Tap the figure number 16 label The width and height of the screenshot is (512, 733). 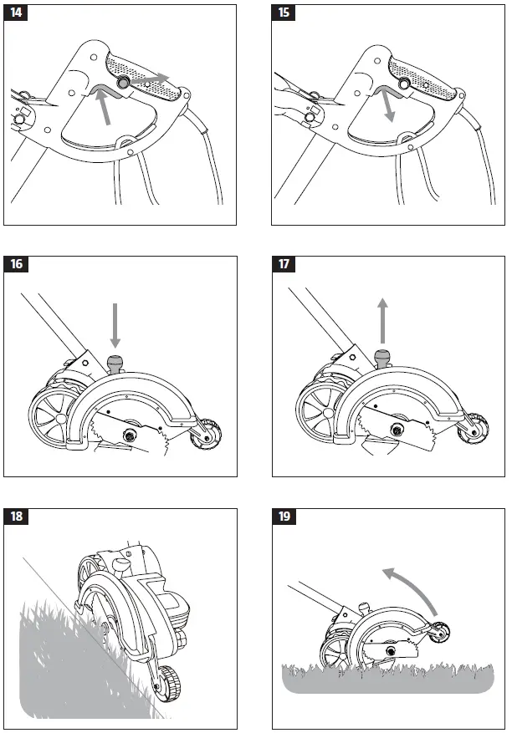pyautogui.click(x=17, y=265)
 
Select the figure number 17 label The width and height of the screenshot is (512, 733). pyautogui.click(x=285, y=265)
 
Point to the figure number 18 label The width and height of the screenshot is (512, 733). pyautogui.click(x=17, y=516)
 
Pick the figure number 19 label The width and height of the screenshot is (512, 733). pyautogui.click(x=285, y=516)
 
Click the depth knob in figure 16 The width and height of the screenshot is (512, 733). pyautogui.click(x=115, y=364)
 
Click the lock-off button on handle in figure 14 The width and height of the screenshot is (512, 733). pyautogui.click(x=123, y=83)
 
